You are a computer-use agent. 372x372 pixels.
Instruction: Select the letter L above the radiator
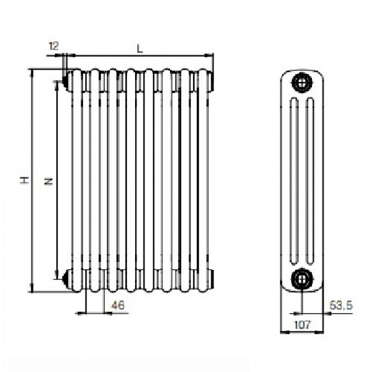(x=139, y=49)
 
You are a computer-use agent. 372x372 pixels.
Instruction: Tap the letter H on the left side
(x=24, y=180)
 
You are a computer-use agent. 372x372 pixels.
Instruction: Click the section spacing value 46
(x=118, y=306)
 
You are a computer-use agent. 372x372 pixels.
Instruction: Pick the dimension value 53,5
(x=341, y=306)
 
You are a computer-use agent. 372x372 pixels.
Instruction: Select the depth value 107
(x=302, y=324)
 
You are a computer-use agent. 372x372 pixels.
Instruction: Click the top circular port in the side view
(x=301, y=82)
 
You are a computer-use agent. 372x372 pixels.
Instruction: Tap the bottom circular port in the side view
(x=301, y=279)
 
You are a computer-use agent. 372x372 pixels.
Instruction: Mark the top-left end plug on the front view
(x=66, y=82)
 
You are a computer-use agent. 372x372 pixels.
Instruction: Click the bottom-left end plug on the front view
(x=66, y=279)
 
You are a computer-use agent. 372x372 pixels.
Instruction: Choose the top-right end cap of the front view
(x=211, y=81)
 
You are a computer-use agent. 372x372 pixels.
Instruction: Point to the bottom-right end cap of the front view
(x=211, y=279)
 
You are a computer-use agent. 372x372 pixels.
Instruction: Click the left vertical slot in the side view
(x=294, y=180)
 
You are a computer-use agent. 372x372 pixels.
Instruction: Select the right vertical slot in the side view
(x=310, y=180)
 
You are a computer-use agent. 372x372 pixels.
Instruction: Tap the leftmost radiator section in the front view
(x=77, y=180)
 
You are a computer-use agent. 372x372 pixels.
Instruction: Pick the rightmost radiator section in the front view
(x=203, y=180)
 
